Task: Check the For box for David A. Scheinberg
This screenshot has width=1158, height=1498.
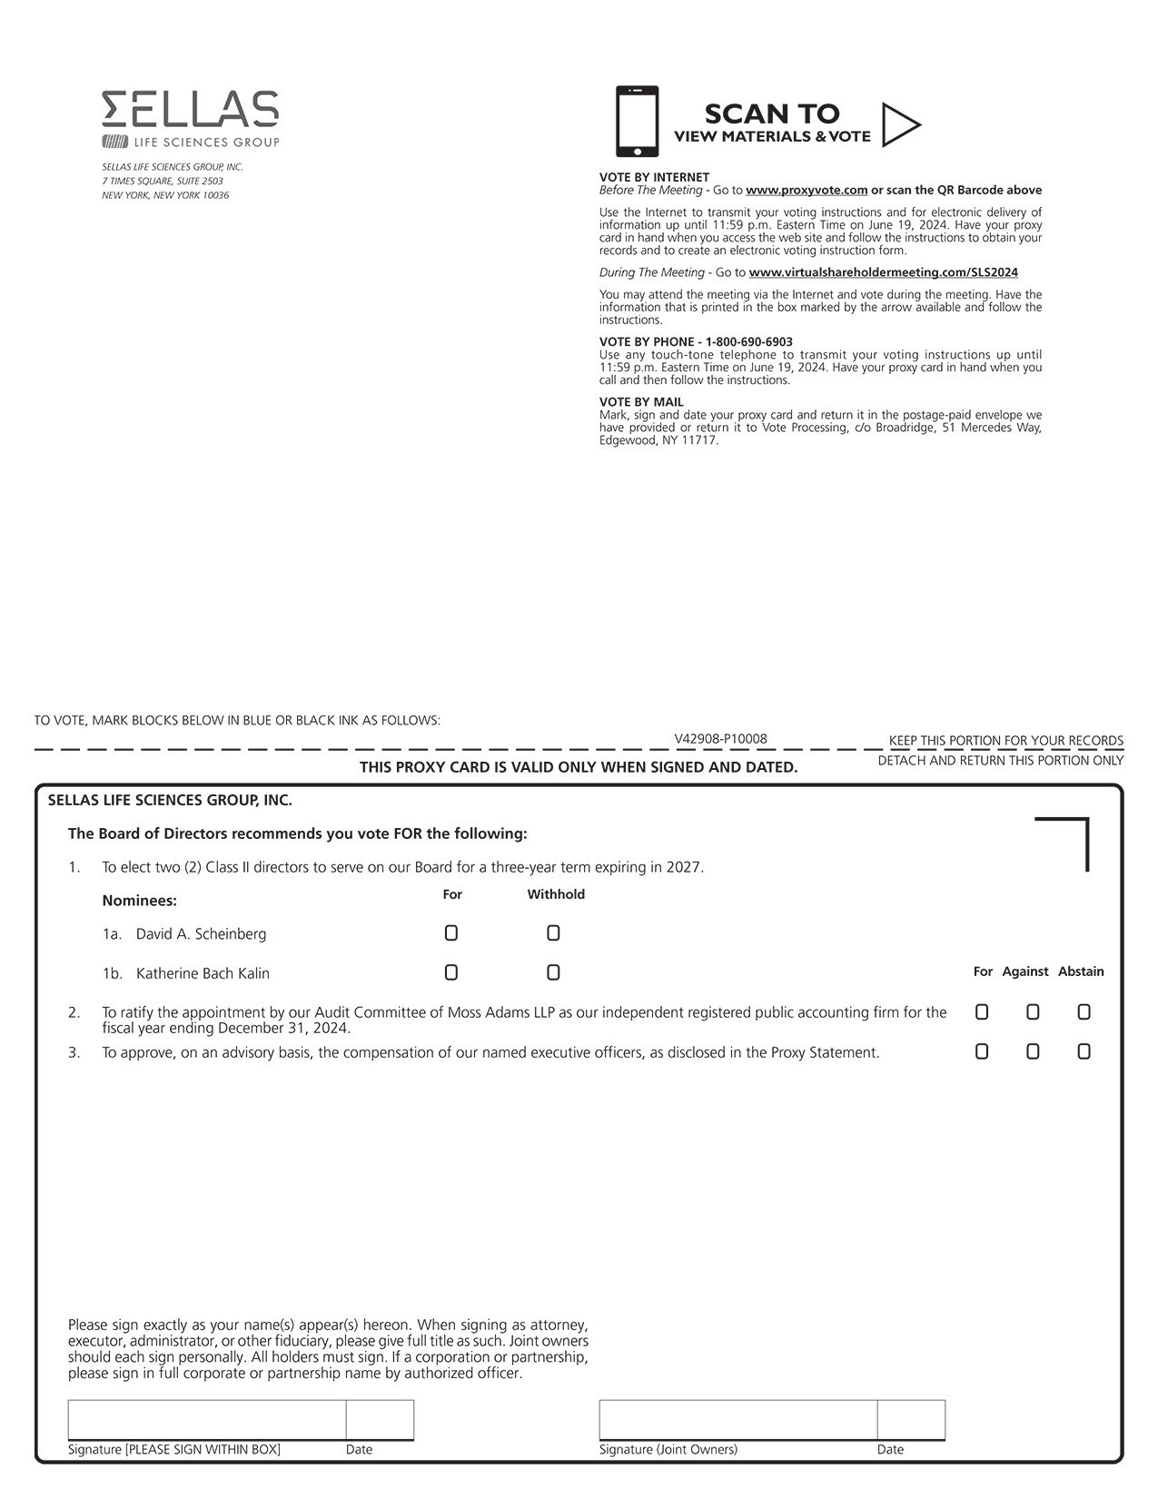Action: point(451,933)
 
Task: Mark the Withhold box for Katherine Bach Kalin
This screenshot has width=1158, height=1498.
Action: point(553,972)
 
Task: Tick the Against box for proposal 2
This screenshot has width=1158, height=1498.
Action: point(1033,1012)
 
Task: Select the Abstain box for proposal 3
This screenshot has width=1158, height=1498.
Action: point(1084,1051)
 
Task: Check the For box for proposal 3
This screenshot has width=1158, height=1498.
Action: point(982,1051)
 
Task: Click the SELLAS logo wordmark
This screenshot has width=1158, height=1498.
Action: point(190,109)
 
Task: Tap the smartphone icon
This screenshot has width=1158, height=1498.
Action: point(637,121)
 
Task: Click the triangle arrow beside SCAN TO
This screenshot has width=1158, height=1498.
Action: point(900,124)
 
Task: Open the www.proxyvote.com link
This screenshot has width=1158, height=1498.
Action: point(807,191)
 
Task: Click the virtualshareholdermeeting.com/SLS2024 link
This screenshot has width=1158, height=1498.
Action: point(883,272)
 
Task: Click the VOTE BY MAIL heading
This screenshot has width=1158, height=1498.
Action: point(641,402)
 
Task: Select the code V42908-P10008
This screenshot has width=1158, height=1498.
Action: point(720,739)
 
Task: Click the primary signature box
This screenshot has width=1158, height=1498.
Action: point(207,1420)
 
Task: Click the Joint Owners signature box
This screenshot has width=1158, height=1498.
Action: point(737,1420)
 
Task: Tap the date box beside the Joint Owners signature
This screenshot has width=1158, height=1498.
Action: point(911,1420)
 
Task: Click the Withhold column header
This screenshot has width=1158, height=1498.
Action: point(556,894)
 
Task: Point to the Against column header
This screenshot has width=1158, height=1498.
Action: point(1025,971)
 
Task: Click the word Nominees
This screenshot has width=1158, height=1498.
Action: point(139,901)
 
